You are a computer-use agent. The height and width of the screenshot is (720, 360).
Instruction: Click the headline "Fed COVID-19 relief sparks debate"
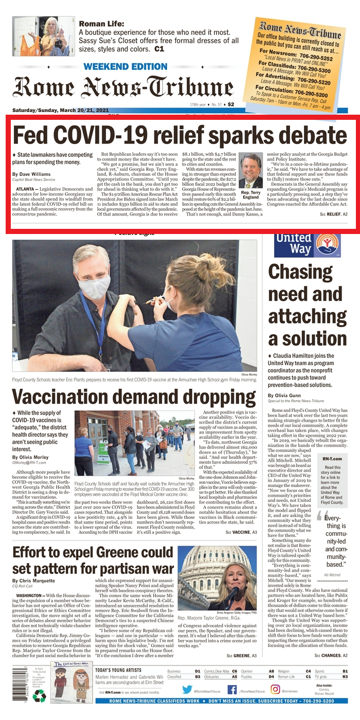click(x=179, y=135)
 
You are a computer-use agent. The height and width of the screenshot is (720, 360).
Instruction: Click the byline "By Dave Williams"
click(x=31, y=174)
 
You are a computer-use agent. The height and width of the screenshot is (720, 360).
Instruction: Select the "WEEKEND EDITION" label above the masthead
click(x=118, y=67)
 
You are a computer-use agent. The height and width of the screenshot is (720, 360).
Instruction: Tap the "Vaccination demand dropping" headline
click(x=134, y=398)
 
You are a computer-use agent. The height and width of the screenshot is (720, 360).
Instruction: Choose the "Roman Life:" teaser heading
click(x=101, y=24)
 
